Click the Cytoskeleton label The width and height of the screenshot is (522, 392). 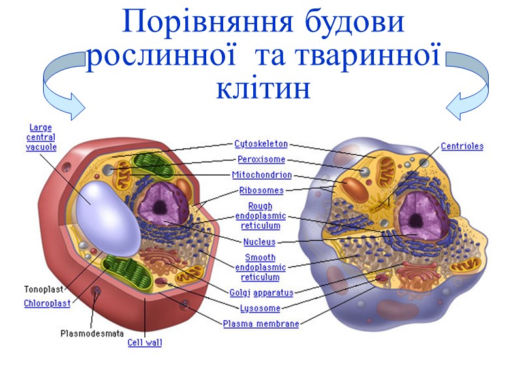click(261, 144)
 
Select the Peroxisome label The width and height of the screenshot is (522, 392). click(261, 159)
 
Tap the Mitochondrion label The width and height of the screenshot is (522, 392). click(262, 175)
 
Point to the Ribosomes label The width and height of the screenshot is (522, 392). click(262, 191)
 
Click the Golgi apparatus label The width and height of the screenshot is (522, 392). click(261, 293)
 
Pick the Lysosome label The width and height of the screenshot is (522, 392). click(261, 308)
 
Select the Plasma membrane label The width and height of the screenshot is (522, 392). click(261, 324)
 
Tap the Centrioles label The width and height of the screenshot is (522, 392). click(462, 147)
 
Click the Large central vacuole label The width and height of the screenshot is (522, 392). click(41, 137)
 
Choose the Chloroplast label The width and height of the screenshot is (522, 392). click(47, 303)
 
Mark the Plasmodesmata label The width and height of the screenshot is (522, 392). click(92, 333)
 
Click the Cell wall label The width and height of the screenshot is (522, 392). click(145, 342)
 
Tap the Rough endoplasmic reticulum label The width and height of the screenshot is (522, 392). click(260, 216)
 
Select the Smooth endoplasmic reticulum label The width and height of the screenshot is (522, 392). click(260, 267)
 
